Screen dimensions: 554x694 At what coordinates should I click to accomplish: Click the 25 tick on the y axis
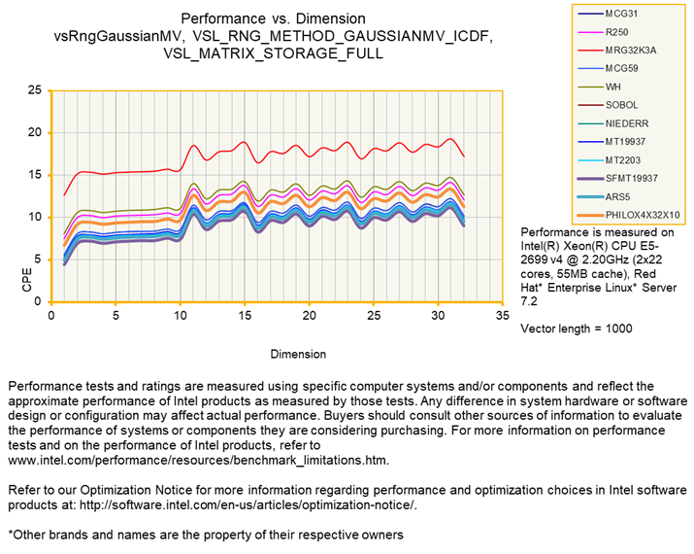[x=35, y=90]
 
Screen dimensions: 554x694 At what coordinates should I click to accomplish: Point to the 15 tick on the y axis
[x=35, y=175]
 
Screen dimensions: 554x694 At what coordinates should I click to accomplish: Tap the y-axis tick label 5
[x=38, y=260]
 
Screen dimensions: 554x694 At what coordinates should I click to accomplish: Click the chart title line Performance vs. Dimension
[x=274, y=18]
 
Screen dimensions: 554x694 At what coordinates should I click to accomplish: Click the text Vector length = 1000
[x=577, y=329]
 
